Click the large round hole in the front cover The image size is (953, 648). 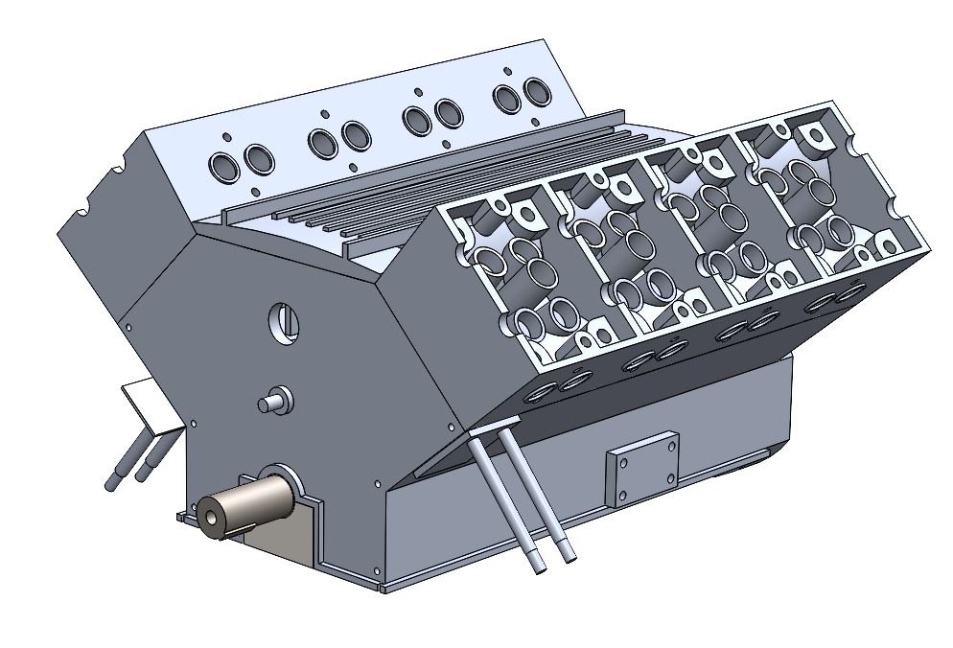click(x=282, y=321)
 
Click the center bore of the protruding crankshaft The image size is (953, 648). click(x=211, y=518)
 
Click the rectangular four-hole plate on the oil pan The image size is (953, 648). click(x=641, y=469)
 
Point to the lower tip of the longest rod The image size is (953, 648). click(x=537, y=567)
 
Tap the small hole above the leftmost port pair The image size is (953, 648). click(x=223, y=137)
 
